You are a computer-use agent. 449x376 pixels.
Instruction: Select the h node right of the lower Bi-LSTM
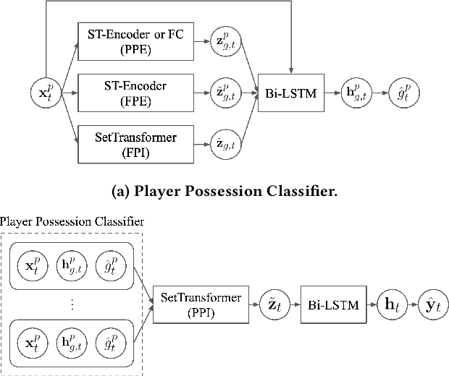point(389,305)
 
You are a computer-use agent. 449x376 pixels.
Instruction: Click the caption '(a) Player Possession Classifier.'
point(224,192)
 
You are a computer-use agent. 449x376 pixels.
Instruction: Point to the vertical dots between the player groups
point(72,304)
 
